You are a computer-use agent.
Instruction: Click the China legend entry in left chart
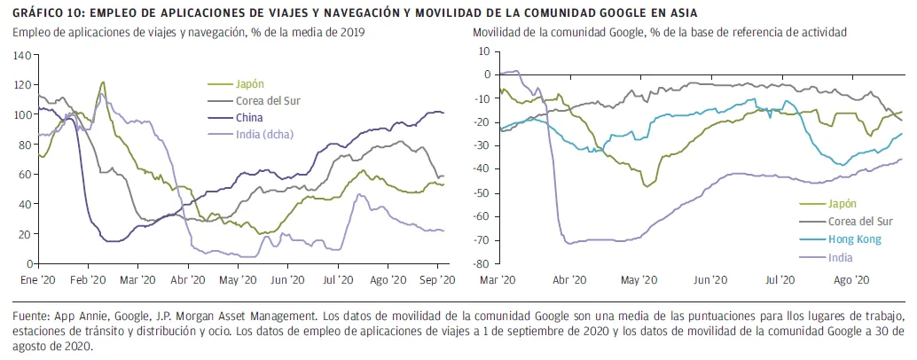coord(248,117)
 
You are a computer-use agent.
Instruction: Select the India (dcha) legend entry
coord(263,134)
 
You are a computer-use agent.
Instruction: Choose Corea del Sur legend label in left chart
coord(267,100)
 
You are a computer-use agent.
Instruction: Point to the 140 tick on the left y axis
coord(20,55)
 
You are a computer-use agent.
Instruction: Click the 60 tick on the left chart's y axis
coord(23,174)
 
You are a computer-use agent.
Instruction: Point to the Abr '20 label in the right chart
coord(568,278)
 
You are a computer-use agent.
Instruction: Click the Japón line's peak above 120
coord(103,82)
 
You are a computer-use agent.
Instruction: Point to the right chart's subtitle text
coord(660,32)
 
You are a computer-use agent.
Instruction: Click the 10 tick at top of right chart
coord(484,51)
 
